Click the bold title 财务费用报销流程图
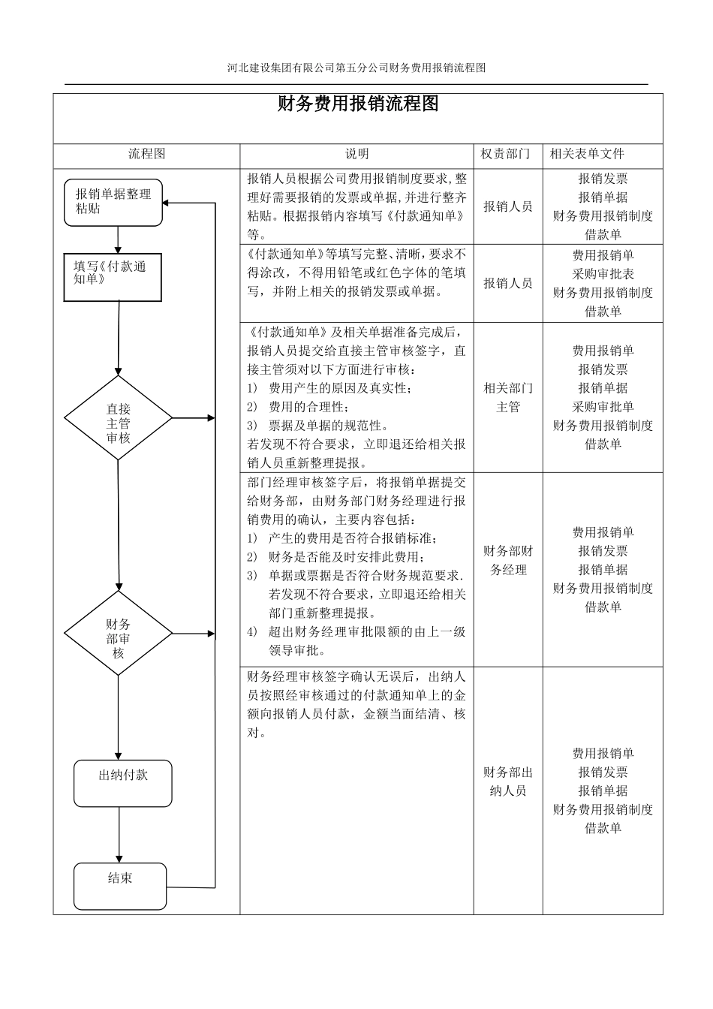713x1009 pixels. click(357, 104)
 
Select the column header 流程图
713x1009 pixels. click(146, 154)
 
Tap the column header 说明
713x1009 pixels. click(356, 154)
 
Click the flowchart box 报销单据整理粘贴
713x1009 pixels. click(113, 202)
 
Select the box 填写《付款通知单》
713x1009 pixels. click(113, 276)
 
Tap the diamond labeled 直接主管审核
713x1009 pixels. click(118, 418)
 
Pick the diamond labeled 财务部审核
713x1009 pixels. click(118, 633)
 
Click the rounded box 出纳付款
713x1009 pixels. click(122, 783)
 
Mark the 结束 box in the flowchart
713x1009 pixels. click(120, 886)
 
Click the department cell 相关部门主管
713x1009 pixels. click(508, 398)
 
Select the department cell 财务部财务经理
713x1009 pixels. click(508, 560)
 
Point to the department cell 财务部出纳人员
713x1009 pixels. click(508, 782)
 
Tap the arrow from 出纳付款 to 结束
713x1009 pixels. click(119, 835)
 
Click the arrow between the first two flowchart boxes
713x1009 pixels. click(118, 239)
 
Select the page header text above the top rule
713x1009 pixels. click(356, 68)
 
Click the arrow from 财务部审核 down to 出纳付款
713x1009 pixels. click(119, 717)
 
